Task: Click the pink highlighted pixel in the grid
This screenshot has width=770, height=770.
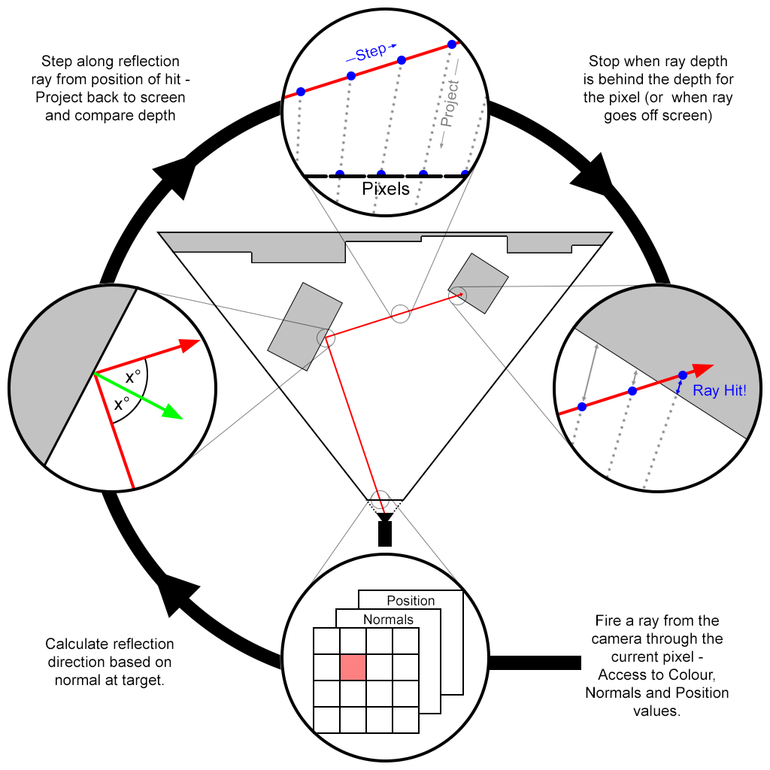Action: coord(353,667)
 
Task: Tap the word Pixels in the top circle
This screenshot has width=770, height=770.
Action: coord(386,189)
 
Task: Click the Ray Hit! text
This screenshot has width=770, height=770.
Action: coord(720,390)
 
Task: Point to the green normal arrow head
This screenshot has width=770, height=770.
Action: coord(173,413)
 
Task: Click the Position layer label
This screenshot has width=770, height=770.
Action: coord(411,601)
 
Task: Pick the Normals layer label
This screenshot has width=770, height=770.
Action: coord(388,620)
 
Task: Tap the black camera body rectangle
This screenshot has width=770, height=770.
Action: coord(385,533)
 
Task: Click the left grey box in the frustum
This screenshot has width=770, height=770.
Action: coord(305,326)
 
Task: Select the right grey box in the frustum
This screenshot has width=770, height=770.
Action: coord(478,283)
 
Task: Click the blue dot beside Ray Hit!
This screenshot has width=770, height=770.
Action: coord(682,374)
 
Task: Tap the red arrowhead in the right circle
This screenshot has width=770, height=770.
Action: coord(703,369)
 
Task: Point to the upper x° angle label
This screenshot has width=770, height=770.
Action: coord(133,378)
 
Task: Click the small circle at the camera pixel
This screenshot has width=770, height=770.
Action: coord(381,499)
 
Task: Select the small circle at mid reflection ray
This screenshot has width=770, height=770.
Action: coord(401,314)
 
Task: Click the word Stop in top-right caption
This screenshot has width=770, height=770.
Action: coord(604,62)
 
